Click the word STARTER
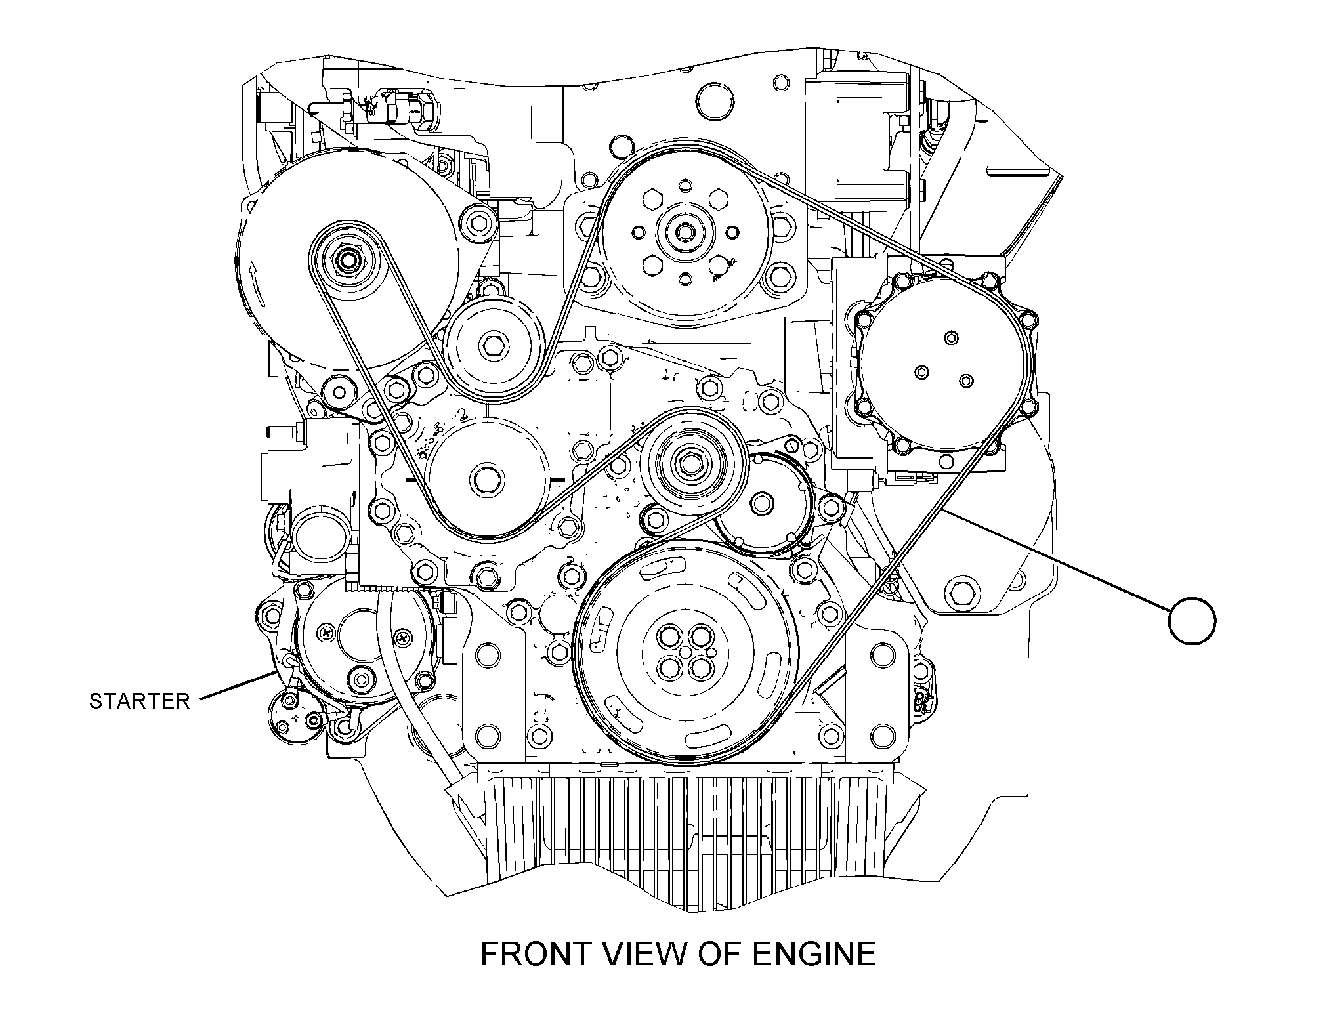(x=139, y=701)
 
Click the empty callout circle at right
(x=1192, y=621)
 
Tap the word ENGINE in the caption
(x=814, y=955)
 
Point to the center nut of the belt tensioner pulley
(x=689, y=463)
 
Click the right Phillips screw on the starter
(x=402, y=636)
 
